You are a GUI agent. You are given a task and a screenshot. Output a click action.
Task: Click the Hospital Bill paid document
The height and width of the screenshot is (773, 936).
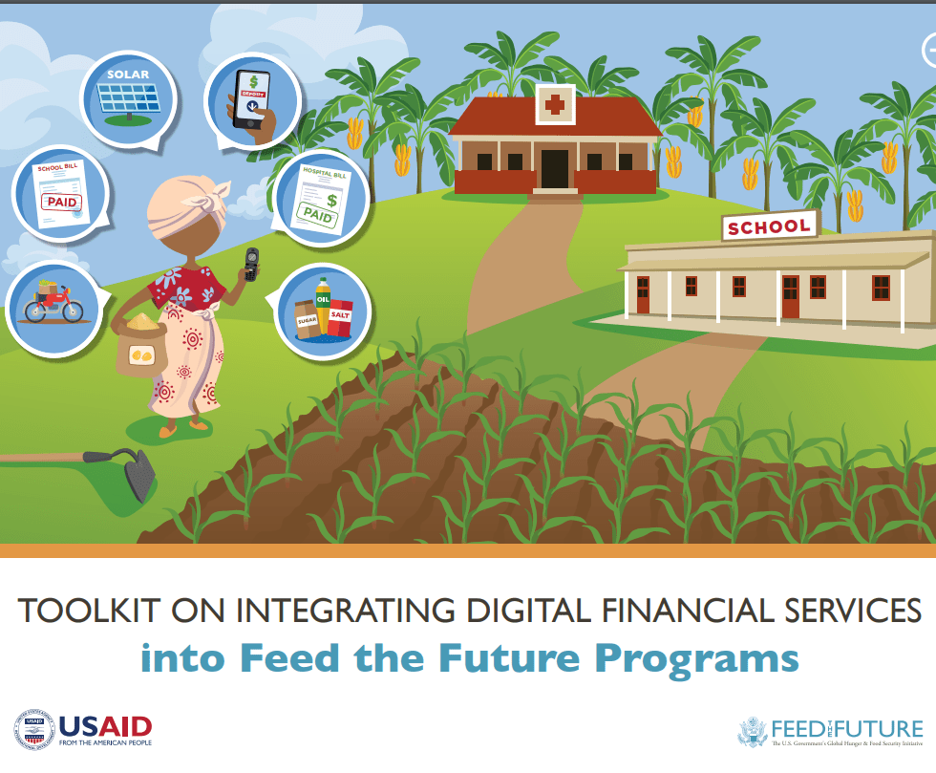(x=320, y=198)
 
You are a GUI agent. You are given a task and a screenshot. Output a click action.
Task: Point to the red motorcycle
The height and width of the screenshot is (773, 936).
(x=53, y=301)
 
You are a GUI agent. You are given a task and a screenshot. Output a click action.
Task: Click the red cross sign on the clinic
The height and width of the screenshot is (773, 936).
(x=554, y=103)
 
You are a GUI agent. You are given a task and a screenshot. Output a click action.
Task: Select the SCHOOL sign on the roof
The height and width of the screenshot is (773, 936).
(x=769, y=227)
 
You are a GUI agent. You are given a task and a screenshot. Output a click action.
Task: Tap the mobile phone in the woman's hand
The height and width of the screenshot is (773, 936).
(x=251, y=263)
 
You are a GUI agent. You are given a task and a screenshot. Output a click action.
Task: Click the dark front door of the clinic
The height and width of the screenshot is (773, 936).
(x=554, y=168)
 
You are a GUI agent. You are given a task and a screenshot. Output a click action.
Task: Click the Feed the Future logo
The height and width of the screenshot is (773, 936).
(x=831, y=731)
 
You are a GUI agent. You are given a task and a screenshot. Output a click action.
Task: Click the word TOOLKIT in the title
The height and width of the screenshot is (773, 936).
(x=81, y=612)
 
